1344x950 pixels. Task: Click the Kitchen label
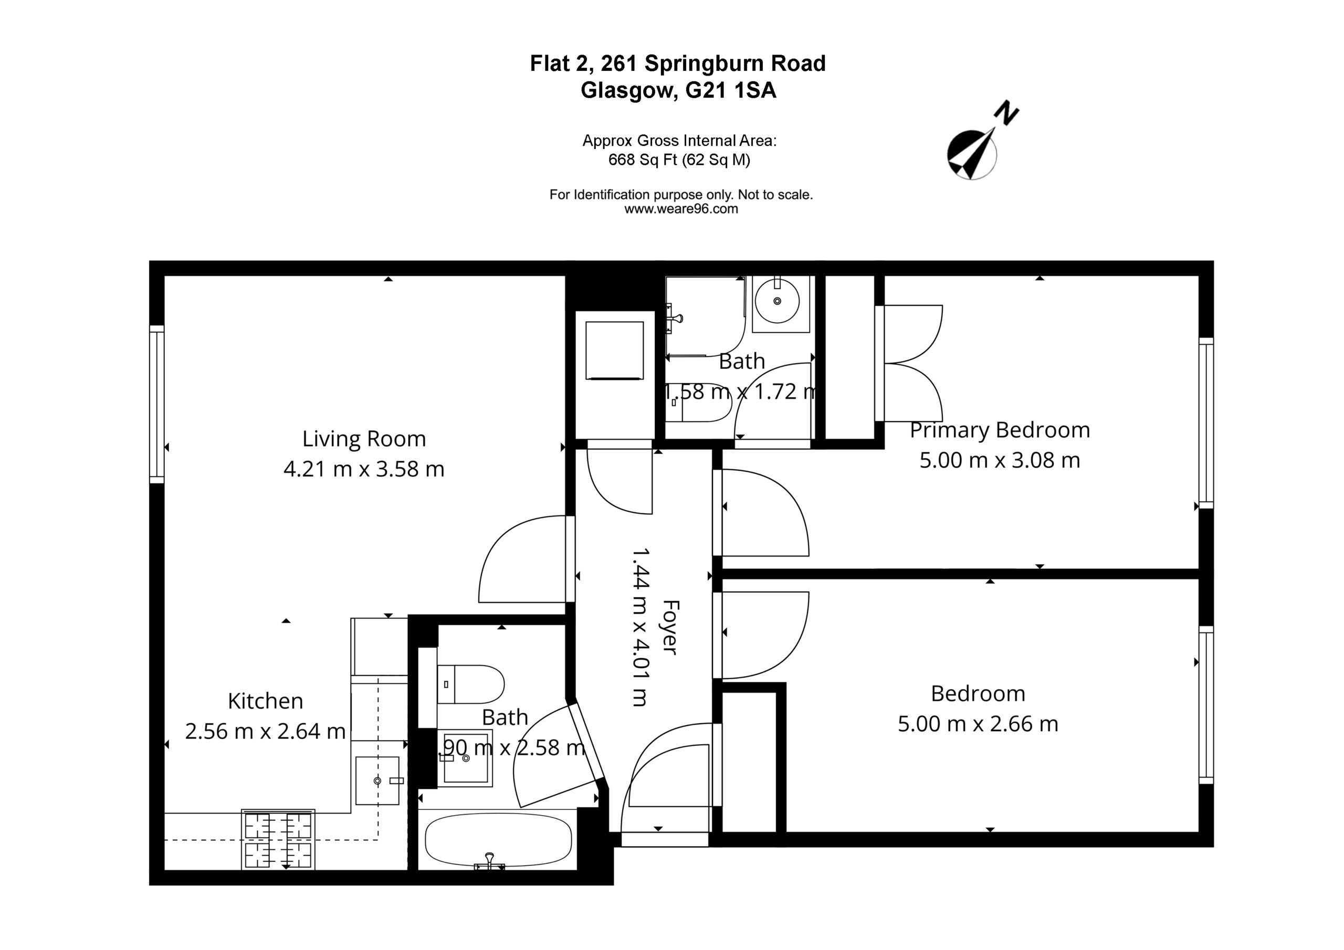265,701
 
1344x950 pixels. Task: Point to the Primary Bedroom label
1000,430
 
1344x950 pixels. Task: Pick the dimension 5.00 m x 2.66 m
978,724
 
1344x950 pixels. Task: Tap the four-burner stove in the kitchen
278,839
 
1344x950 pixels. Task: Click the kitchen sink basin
377,781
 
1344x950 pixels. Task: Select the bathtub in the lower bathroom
498,840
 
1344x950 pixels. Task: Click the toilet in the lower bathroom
470,684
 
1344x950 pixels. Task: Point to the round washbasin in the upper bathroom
777,301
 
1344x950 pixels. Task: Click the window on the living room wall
157,404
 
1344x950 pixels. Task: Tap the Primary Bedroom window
1206,423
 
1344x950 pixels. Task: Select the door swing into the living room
522,559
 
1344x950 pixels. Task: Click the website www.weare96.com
681,209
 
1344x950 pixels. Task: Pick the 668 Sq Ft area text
643,160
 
